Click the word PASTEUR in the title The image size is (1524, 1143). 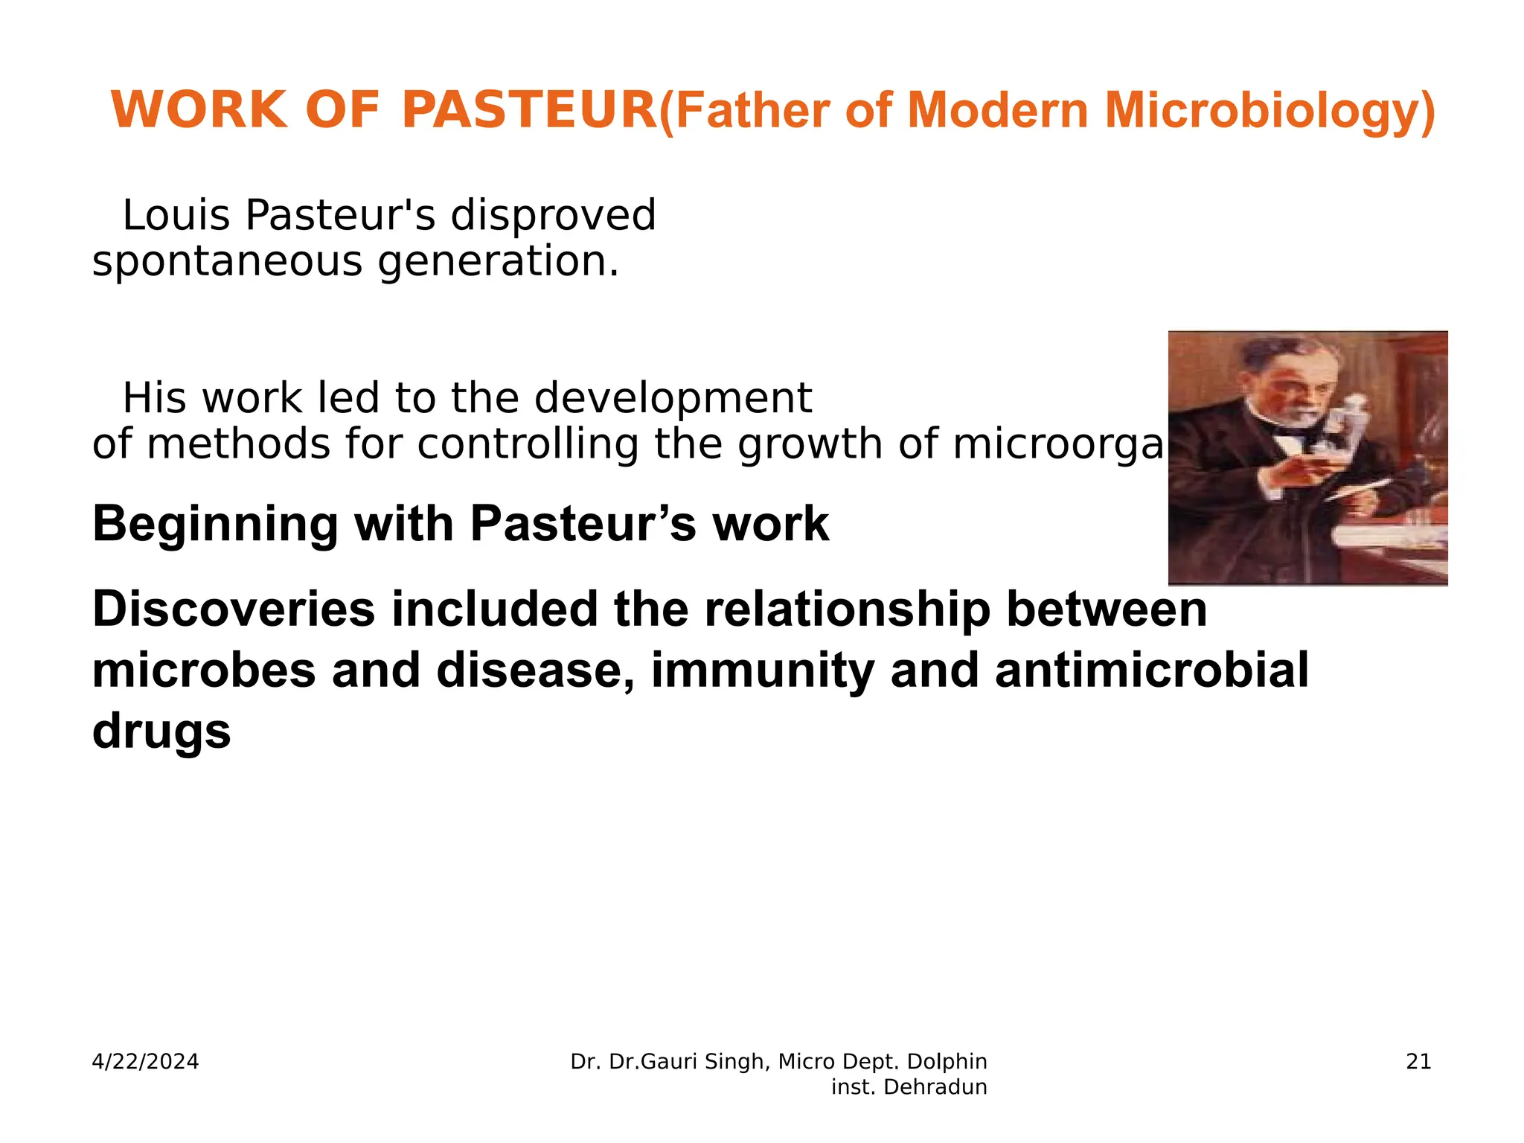coord(528,110)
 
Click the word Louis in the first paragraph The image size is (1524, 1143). coord(176,215)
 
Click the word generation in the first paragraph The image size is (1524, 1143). coord(498,263)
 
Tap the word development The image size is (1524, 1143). coord(673,398)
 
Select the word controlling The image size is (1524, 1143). coord(528,444)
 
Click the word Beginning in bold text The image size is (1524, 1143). coord(215,525)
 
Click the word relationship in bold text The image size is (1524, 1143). coord(847,609)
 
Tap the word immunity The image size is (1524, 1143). coord(762,670)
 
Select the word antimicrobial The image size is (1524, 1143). coord(1151,670)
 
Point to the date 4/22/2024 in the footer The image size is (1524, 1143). coord(145,1062)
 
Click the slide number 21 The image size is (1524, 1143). coord(1418,1062)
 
